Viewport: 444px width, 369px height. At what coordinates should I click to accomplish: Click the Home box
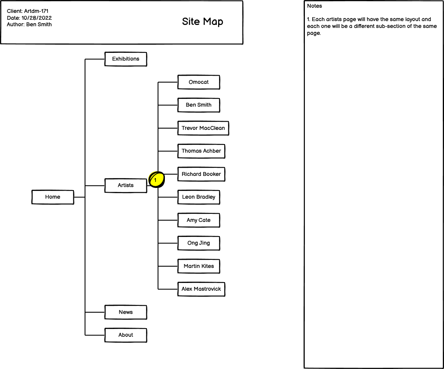coord(53,197)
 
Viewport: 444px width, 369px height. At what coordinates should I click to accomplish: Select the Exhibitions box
coord(126,59)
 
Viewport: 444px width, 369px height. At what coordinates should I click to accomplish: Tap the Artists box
coord(126,185)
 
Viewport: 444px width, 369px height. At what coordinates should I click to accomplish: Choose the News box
coord(126,312)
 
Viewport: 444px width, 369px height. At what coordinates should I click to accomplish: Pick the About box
coord(126,335)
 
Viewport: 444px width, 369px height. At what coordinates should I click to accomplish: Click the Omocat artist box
coord(199,82)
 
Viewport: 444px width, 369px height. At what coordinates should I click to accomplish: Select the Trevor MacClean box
coord(203,128)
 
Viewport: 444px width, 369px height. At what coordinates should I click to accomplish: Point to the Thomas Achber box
coord(201,151)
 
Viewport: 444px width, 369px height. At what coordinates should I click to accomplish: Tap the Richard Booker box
coord(201,174)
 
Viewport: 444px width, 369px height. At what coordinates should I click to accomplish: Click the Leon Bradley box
coord(199,197)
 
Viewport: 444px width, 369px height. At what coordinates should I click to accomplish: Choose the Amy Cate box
coord(199,220)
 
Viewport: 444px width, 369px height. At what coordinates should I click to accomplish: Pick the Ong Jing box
coord(199,243)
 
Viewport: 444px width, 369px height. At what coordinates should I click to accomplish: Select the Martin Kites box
coord(199,266)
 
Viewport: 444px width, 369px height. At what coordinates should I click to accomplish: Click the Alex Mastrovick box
coord(201,289)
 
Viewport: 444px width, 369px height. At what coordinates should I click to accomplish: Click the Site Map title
coord(203,22)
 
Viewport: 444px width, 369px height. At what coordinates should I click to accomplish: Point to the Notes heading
coord(315,6)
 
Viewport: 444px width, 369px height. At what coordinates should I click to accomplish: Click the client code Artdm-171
coord(39,11)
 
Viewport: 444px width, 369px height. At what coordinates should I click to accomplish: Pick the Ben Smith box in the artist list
coord(199,105)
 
